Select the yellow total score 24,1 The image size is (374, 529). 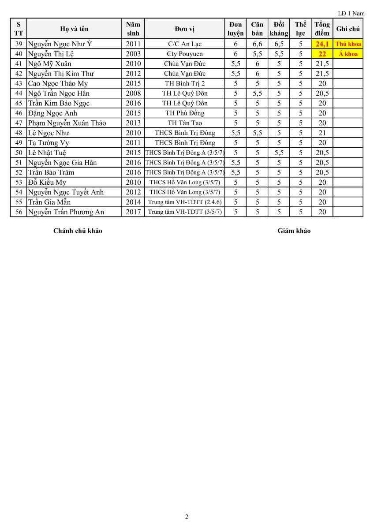[322, 44]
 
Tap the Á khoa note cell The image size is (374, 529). [348, 54]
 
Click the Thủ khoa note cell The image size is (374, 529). [348, 44]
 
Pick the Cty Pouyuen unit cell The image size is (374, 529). [184, 54]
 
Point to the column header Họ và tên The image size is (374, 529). [74, 29]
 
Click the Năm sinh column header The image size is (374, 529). [133, 29]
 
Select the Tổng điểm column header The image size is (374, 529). [322, 29]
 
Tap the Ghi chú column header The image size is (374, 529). [348, 29]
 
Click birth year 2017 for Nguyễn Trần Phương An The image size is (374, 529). [133, 212]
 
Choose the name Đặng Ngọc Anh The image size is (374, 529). [52, 113]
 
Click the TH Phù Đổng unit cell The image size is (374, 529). [184, 113]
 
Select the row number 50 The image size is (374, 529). [19, 153]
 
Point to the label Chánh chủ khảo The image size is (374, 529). [78, 231]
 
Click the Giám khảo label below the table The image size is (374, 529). [294, 231]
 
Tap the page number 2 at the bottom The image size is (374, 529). [187, 517]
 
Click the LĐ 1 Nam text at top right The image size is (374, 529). [351, 14]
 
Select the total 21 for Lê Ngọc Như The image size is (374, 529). [322, 133]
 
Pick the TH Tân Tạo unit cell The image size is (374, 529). [184, 123]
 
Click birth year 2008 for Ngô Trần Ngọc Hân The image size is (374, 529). [133, 93]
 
